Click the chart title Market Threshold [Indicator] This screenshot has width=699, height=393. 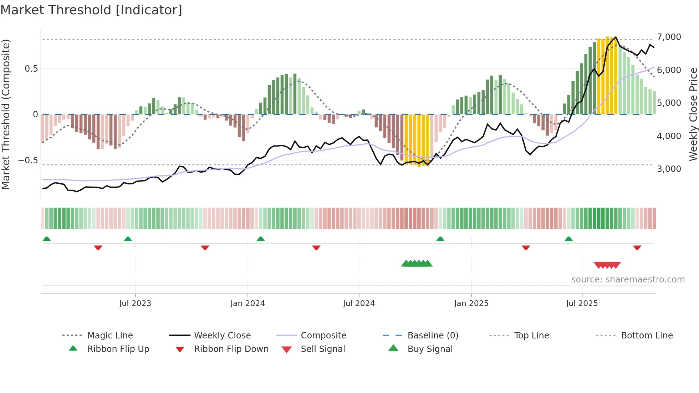[91, 10]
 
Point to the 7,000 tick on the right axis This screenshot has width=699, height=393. [669, 37]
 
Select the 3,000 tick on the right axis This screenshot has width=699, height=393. [669, 169]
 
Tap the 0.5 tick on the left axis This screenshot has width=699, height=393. [31, 69]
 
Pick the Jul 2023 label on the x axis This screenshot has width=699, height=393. [135, 303]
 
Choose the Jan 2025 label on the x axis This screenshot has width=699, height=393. [471, 303]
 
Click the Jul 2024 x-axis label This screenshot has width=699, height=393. [359, 303]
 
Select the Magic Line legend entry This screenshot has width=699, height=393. [110, 336]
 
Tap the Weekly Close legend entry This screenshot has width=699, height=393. [222, 336]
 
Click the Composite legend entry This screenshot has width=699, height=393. [323, 336]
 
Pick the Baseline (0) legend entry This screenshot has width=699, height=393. [433, 336]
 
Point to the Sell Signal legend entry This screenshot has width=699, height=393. [323, 349]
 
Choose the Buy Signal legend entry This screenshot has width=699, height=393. [430, 349]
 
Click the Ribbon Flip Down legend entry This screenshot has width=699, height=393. [231, 349]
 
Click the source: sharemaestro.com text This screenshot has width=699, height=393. [628, 280]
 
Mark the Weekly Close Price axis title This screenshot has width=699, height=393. [693, 114]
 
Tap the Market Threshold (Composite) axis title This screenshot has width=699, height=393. [6, 114]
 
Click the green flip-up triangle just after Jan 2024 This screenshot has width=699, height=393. [261, 239]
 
